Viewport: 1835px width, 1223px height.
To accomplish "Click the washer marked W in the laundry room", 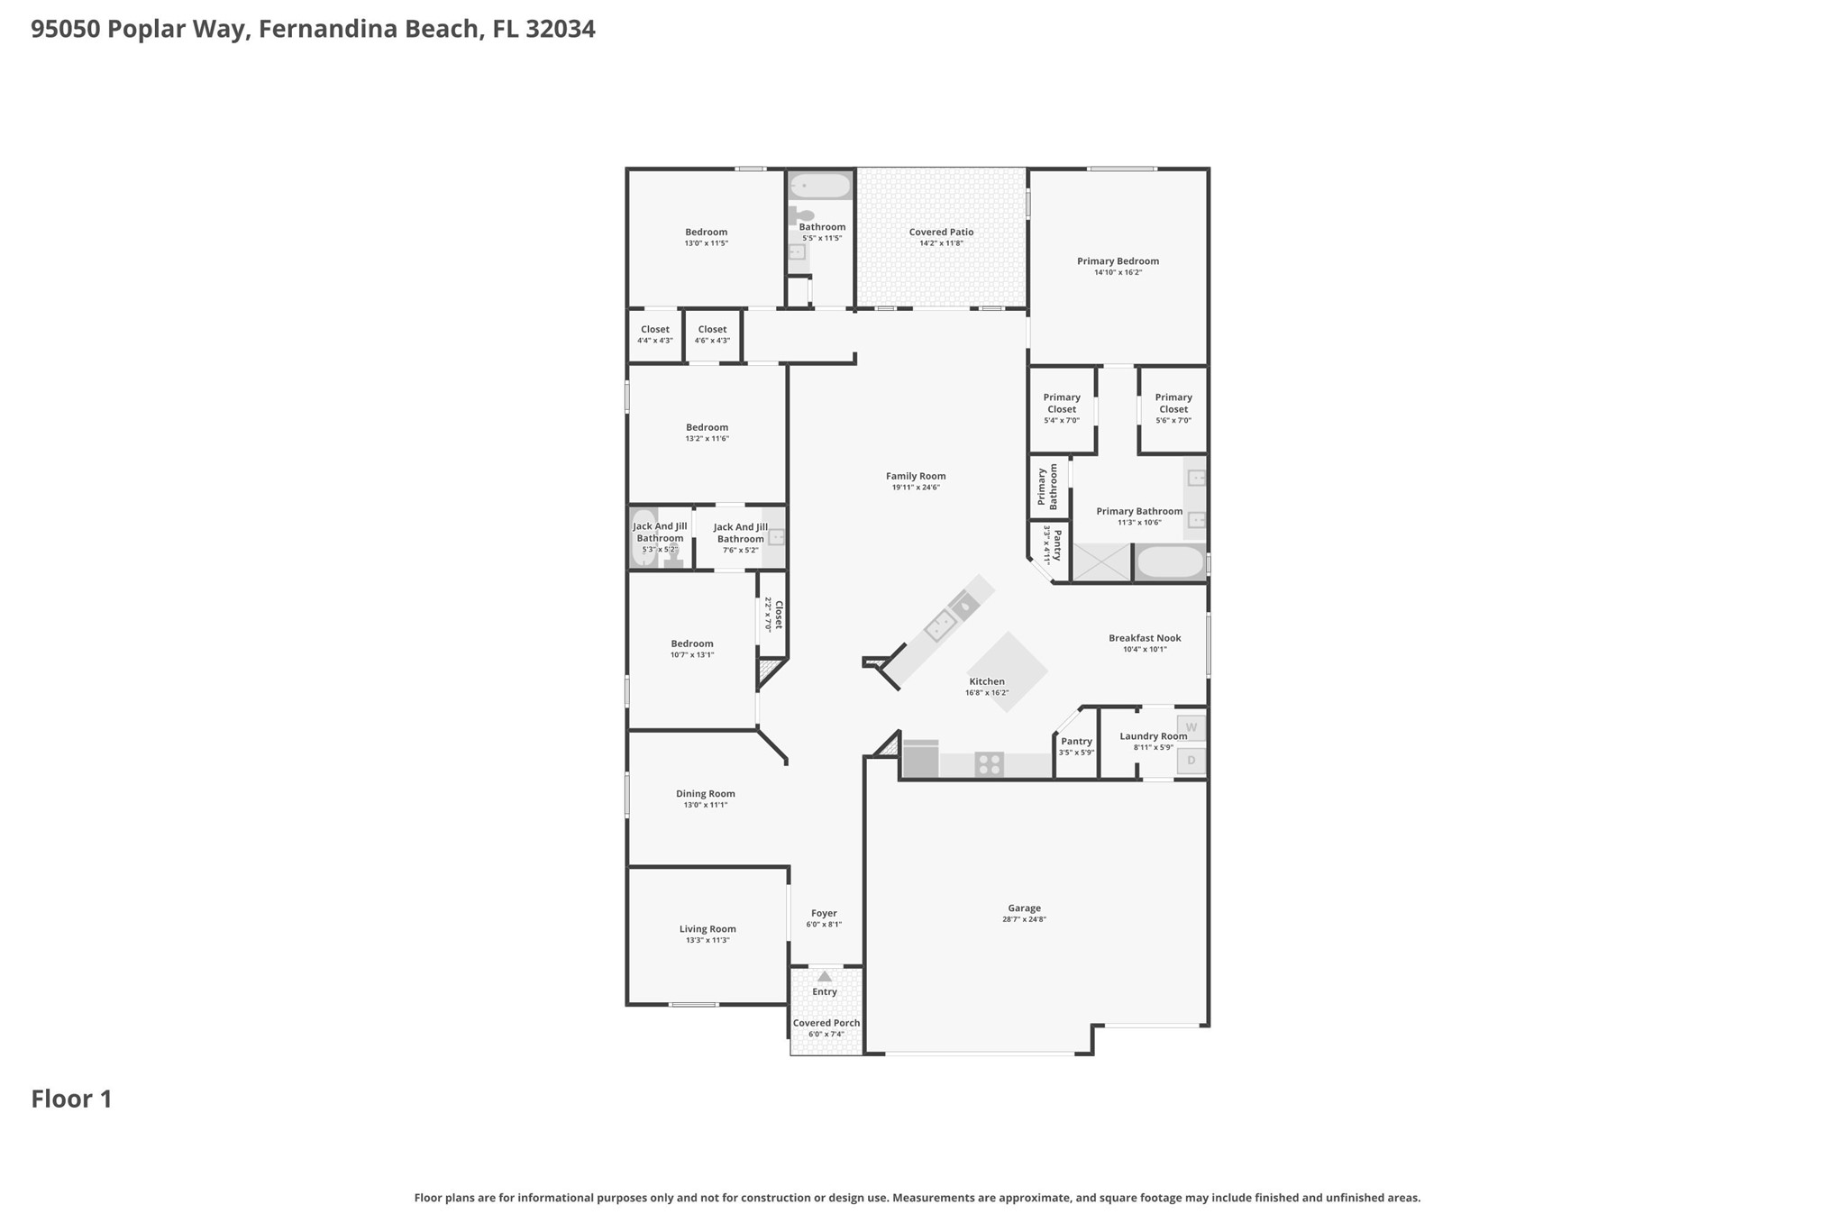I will [x=1191, y=727].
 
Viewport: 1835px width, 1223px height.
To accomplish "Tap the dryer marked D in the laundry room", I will [x=1191, y=761].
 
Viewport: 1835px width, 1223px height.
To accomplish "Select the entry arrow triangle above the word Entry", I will [x=824, y=976].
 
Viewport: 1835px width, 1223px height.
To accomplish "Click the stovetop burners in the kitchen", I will [x=989, y=764].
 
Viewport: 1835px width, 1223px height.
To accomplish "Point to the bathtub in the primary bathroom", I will [x=1169, y=562].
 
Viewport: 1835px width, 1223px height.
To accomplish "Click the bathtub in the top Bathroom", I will [x=819, y=186].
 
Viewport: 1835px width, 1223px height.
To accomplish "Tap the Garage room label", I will [x=1024, y=908].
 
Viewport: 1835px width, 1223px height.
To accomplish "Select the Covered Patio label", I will [x=941, y=232].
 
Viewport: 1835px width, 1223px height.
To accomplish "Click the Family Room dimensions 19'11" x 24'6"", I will [x=916, y=488].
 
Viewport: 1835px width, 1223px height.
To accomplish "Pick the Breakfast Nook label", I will [x=1145, y=638].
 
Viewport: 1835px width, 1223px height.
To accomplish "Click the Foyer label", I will [x=824, y=913].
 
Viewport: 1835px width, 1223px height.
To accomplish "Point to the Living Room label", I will [x=708, y=929].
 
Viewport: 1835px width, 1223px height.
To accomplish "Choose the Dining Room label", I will [x=705, y=794].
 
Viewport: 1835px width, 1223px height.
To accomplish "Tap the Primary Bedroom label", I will [x=1118, y=261].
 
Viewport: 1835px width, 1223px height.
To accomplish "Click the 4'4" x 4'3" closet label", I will [x=655, y=341].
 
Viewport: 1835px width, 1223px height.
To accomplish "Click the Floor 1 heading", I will [x=71, y=1099].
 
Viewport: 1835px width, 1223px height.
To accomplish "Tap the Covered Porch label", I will [x=826, y=1023].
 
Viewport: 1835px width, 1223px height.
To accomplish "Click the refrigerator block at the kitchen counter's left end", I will [x=920, y=760].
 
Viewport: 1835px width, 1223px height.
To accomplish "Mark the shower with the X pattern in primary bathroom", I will [x=1100, y=562].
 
